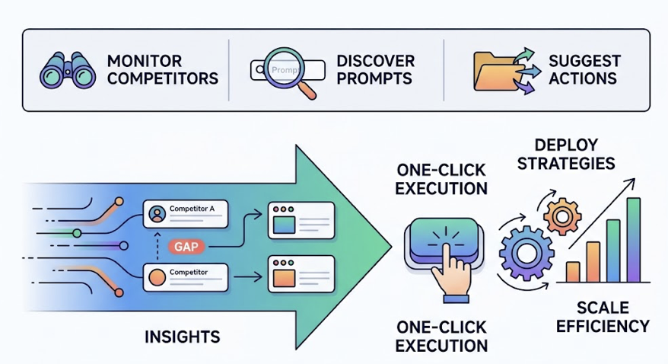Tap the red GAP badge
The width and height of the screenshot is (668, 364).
coord(186,247)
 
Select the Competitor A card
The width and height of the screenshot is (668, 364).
coord(186,214)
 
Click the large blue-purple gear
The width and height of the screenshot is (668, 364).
coord(523,249)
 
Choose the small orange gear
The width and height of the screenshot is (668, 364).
coord(562,216)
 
